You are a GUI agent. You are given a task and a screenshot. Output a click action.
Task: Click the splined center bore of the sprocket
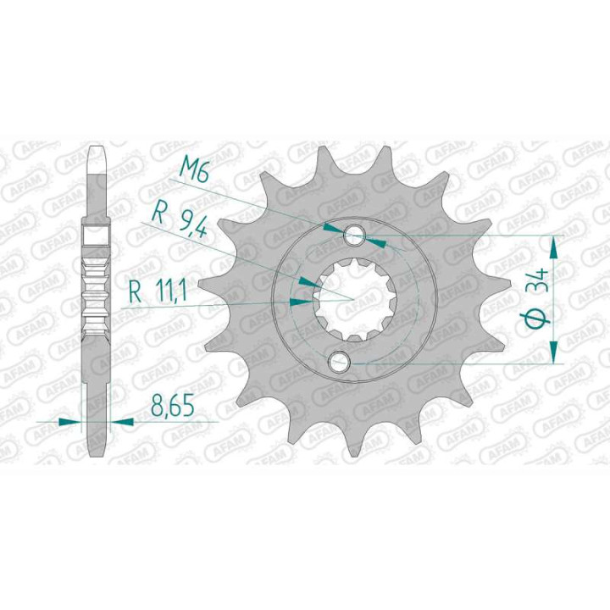tap(348, 298)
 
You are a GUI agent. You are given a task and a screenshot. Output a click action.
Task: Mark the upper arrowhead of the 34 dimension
tap(555, 245)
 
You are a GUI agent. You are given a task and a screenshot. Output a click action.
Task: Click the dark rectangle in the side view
tap(97, 234)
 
